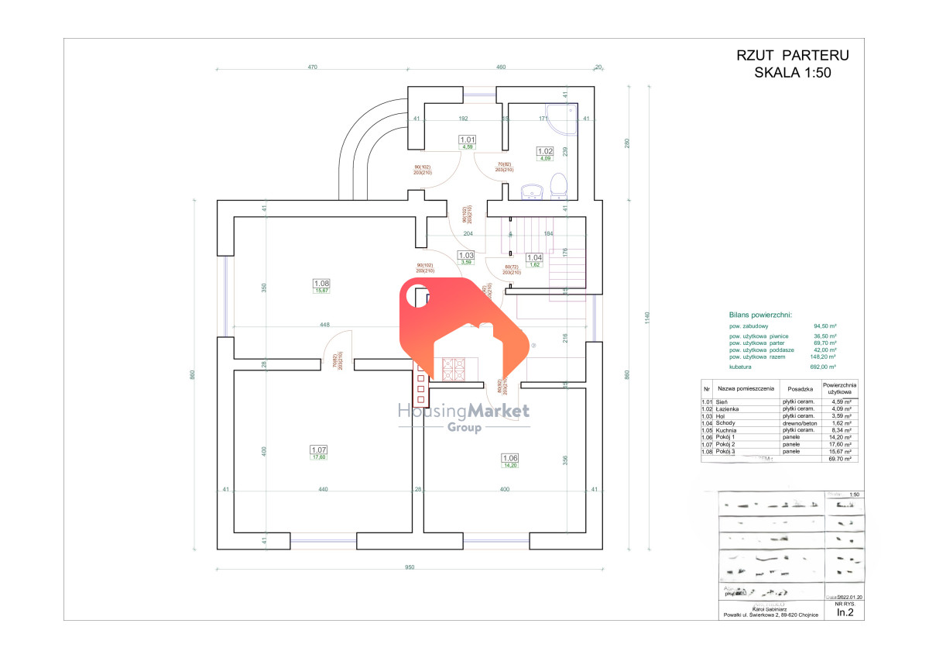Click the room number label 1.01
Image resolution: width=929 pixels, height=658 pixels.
click(468, 139)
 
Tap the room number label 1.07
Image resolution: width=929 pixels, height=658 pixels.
click(319, 450)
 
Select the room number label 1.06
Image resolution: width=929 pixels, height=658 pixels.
click(510, 458)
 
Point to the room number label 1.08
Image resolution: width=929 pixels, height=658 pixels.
click(321, 283)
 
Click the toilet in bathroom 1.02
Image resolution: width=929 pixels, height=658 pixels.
click(557, 185)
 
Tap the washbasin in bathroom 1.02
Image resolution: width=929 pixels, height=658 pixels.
click(531, 190)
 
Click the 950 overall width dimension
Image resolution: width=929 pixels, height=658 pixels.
click(410, 567)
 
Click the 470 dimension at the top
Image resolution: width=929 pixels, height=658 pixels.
click(313, 67)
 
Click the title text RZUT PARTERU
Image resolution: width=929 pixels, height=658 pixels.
click(792, 55)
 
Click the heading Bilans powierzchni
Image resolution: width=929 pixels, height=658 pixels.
click(760, 315)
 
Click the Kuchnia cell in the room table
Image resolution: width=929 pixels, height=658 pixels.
click(728, 430)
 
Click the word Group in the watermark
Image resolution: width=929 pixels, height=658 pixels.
click(464, 427)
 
